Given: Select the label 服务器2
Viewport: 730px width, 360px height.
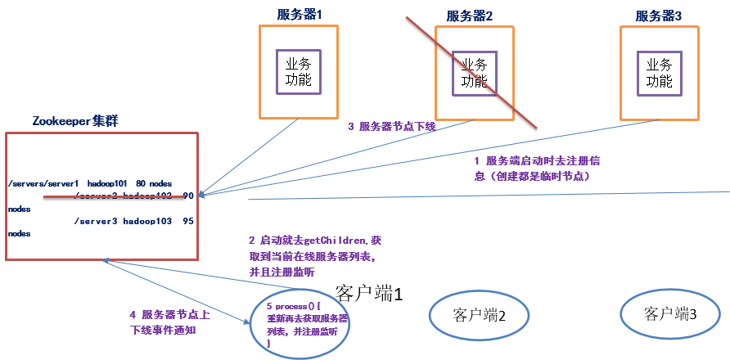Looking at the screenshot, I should coord(469,16).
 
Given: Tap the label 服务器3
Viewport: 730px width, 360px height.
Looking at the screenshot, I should coord(659,15).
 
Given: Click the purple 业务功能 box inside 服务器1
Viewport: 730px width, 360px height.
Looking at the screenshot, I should coord(297,71).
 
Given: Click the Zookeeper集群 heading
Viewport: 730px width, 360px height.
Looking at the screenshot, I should coord(75,121).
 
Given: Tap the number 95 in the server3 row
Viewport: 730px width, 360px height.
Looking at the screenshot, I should coord(188,222).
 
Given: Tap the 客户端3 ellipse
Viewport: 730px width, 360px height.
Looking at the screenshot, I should coord(670,313).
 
